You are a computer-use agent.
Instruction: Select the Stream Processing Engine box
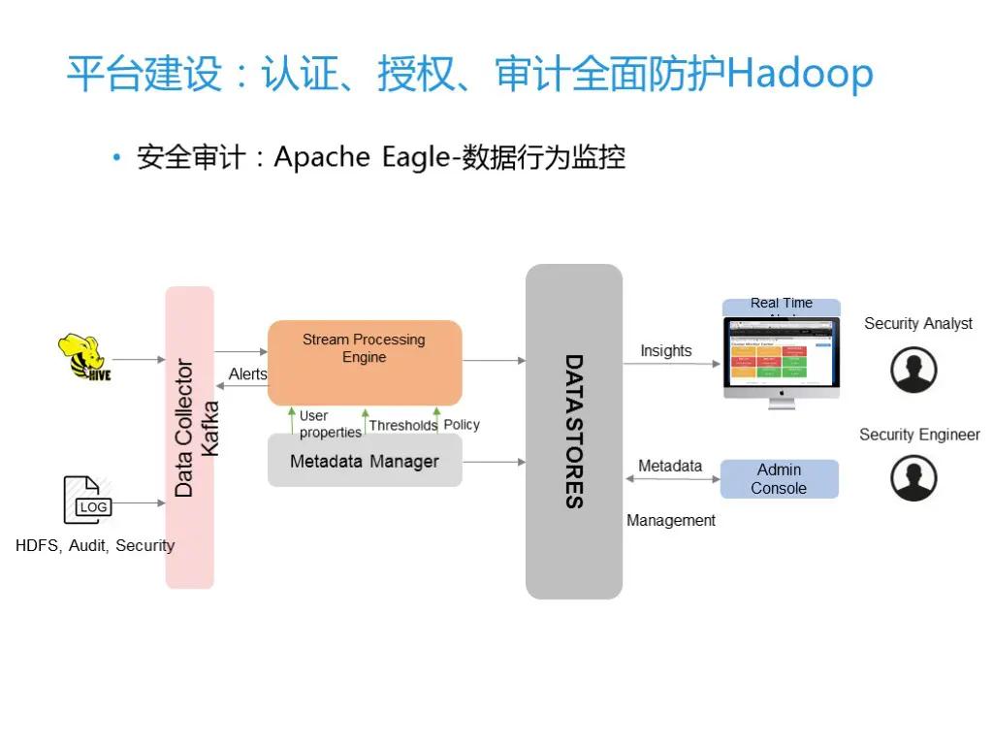[364, 361]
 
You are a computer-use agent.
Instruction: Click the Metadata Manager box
[364, 462]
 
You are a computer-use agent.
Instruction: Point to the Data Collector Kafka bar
[190, 437]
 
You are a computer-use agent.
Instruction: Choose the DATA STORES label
[574, 431]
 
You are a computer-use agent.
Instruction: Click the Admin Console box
[779, 479]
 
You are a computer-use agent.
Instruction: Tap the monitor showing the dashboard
[781, 357]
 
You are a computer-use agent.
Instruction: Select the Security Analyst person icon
[913, 370]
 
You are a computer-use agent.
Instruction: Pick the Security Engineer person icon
[913, 478]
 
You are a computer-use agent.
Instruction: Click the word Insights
[666, 351]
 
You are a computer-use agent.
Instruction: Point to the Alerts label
[248, 374]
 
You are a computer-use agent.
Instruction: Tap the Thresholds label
[402, 425]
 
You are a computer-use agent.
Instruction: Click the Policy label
[462, 425]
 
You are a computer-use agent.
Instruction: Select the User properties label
[330, 425]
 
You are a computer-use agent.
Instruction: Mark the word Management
[671, 521]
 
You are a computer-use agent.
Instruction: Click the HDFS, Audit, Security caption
[95, 545]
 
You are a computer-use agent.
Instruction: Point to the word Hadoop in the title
[800, 75]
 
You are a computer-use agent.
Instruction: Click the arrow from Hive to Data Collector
[140, 359]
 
